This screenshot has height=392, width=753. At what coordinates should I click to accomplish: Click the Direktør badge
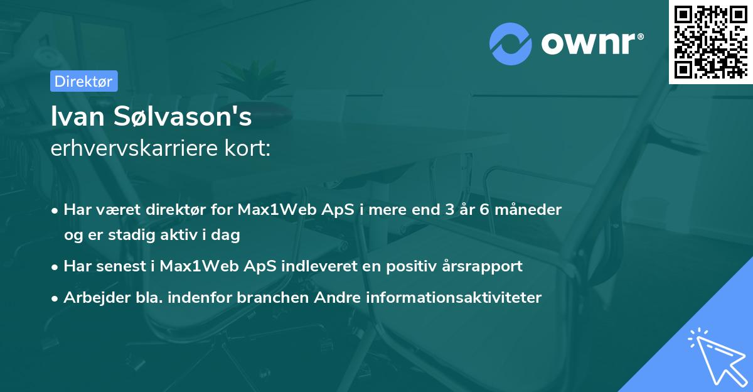click(x=83, y=81)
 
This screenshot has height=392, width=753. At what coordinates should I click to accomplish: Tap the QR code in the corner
click(x=710, y=41)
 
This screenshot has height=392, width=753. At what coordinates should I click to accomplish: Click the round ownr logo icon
click(x=510, y=43)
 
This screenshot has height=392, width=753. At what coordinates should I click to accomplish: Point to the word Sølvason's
click(x=187, y=117)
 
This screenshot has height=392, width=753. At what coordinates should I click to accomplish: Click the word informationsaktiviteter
click(x=455, y=297)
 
